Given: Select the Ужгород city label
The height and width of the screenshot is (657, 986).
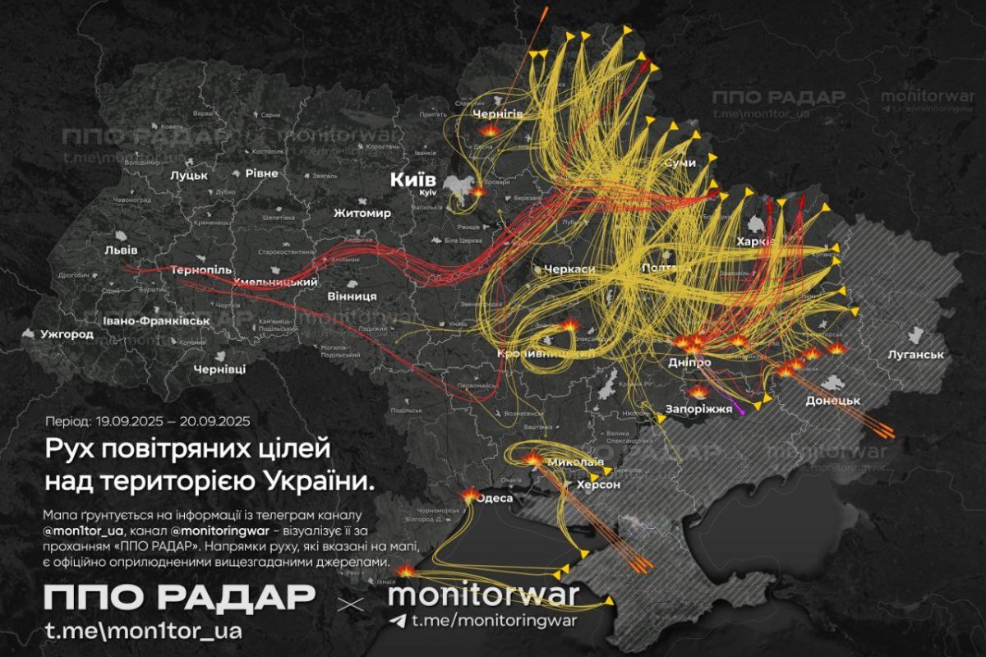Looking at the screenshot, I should [x=62, y=334].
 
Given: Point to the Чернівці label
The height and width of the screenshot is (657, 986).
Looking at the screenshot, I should [x=219, y=370].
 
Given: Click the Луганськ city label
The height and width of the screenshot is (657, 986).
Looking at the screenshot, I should [x=915, y=356].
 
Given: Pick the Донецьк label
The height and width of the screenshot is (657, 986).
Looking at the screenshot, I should [x=832, y=400].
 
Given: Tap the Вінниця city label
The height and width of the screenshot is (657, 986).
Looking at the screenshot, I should [x=352, y=295].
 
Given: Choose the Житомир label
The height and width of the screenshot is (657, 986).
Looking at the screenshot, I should [x=362, y=214].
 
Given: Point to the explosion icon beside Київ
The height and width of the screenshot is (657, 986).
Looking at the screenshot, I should [x=477, y=191].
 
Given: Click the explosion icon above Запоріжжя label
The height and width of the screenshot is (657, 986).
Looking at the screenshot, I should [x=698, y=392].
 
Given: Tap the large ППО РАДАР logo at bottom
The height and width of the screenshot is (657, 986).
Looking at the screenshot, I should [x=179, y=598].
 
